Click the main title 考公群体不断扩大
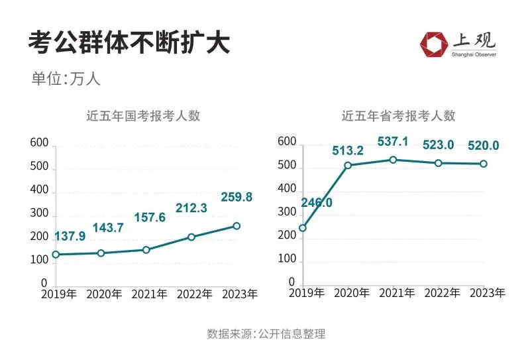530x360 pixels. tap(129, 43)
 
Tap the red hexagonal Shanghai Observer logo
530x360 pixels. tap(433, 44)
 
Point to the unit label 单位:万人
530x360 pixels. tap(66, 78)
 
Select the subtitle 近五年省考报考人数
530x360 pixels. tap(399, 115)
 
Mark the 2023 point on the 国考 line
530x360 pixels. tap(237, 226)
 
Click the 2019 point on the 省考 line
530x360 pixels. tap(303, 228)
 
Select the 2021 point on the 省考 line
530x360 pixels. tap(393, 160)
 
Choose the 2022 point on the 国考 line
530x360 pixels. tap(191, 237)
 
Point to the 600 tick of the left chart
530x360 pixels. tap(40, 143)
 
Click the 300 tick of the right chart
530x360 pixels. tap(287, 212)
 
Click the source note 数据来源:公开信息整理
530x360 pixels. tap(266, 333)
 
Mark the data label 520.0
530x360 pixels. tap(483, 146)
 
